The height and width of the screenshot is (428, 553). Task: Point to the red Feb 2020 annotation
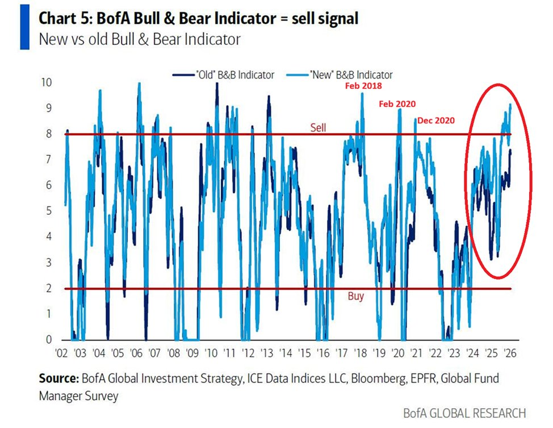pos(397,104)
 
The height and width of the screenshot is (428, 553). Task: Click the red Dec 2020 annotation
pos(436,120)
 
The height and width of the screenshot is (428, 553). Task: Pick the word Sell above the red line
pos(318,127)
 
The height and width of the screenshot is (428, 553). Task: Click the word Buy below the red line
pos(355,296)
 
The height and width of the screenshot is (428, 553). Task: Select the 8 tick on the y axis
pos(49,134)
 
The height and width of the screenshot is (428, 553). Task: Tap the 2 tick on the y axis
pos(49,288)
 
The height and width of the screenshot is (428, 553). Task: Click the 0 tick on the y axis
pos(49,340)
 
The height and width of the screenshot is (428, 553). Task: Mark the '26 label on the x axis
pos(509,353)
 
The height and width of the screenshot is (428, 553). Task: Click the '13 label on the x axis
pos(269,353)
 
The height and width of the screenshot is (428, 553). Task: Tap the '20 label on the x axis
pos(398,353)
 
